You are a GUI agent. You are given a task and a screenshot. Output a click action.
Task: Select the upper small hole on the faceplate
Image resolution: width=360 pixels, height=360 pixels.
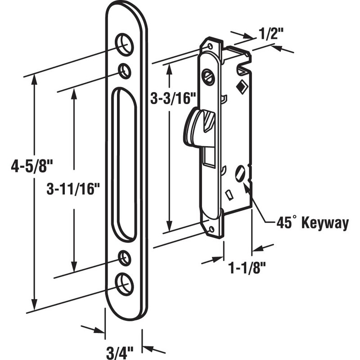(124, 70)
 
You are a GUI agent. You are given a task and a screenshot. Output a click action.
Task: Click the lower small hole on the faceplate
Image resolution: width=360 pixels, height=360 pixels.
(124, 258)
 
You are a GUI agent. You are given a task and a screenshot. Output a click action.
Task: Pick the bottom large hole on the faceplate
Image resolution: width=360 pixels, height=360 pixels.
(124, 283)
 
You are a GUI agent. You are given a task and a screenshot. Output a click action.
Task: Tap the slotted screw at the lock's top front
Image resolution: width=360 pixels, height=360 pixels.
(208, 76)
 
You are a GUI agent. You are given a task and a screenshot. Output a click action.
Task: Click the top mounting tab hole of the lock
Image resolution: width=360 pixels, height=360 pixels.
(209, 46)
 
